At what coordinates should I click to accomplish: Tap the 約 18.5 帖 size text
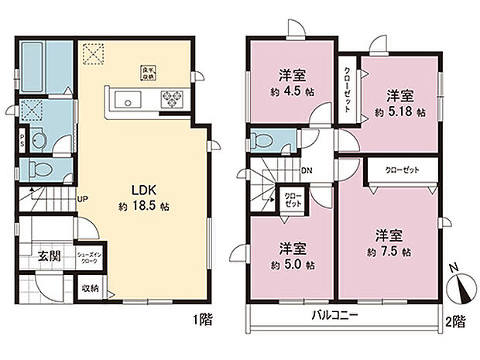tap(144, 207)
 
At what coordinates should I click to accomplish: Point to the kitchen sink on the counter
tap(126, 99)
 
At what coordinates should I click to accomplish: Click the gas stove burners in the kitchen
tap(171, 98)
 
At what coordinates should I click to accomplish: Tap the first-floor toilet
tap(43, 169)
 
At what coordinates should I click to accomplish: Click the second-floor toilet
tap(262, 142)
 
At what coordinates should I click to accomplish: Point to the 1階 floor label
tap(203, 318)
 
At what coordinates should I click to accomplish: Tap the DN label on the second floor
tap(307, 170)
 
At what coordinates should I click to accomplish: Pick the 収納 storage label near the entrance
tap(91, 289)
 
